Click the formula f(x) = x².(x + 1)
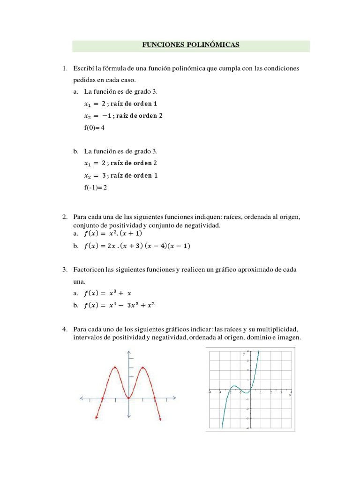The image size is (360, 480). (x=112, y=233)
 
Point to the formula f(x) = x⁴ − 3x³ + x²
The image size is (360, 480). (x=120, y=306)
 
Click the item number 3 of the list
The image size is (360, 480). (x=65, y=270)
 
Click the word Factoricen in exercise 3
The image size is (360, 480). (x=89, y=270)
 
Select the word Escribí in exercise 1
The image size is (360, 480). (x=83, y=69)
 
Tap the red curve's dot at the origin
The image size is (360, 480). (x=128, y=398)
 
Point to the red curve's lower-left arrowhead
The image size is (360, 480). (x=96, y=417)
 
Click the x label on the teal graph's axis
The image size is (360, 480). (x=290, y=395)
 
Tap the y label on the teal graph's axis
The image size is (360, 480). (x=244, y=354)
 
